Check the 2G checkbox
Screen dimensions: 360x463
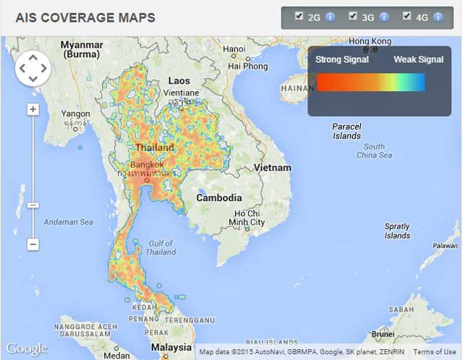[300, 16]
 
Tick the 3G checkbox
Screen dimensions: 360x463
[353, 16]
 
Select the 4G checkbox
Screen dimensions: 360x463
[407, 16]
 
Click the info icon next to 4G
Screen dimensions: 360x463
[438, 17]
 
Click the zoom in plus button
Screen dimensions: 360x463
[33, 109]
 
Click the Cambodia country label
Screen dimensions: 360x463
[219, 197]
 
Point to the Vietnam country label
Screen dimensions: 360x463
[272, 168]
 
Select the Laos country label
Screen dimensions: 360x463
[179, 81]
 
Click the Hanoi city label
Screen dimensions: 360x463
[234, 49]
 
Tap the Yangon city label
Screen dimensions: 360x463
[76, 113]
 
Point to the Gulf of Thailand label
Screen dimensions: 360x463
[160, 248]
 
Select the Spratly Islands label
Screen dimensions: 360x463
[397, 231]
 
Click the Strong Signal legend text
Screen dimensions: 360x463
[342, 59]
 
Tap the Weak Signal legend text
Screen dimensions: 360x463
[418, 59]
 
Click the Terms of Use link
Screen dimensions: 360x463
[434, 352]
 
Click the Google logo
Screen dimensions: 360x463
[27, 348]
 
